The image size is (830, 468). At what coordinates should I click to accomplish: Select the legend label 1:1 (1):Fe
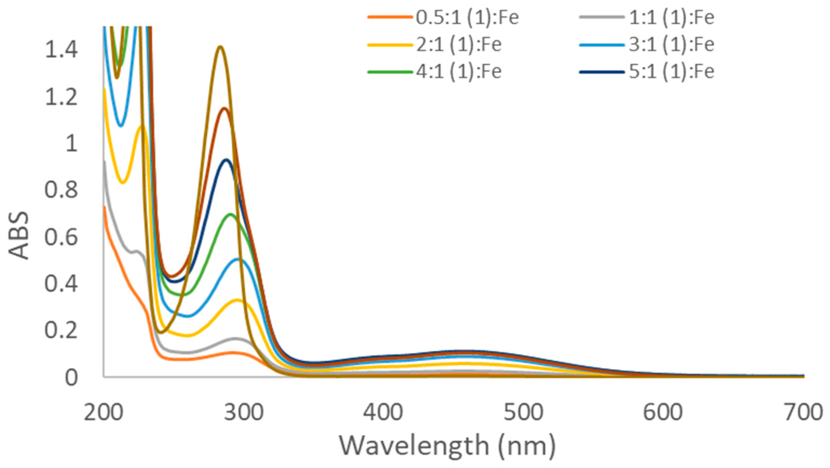(x=671, y=17)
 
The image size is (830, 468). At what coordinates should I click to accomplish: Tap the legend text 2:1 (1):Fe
(x=459, y=45)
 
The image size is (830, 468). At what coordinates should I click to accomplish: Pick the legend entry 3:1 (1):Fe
(x=671, y=45)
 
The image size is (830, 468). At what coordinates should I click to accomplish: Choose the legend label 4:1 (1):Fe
(x=459, y=72)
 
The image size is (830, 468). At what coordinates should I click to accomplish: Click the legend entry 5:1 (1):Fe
(x=671, y=72)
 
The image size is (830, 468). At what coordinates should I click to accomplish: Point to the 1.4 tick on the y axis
(x=61, y=49)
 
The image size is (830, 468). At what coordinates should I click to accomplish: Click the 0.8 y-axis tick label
(x=61, y=190)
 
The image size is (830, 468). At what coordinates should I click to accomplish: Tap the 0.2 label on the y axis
(x=61, y=330)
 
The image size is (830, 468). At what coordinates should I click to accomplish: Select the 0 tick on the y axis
(x=71, y=378)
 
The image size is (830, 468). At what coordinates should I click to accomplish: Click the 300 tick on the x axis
(x=243, y=413)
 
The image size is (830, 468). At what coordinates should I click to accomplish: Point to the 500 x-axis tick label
(x=523, y=413)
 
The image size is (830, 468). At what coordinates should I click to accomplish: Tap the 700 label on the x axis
(x=803, y=413)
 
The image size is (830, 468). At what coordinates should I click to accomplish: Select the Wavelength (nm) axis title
(x=447, y=446)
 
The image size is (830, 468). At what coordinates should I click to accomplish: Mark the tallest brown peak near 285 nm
(x=220, y=47)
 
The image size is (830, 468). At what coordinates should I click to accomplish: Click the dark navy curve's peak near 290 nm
(x=227, y=160)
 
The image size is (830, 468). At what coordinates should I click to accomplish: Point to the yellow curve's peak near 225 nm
(x=142, y=125)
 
